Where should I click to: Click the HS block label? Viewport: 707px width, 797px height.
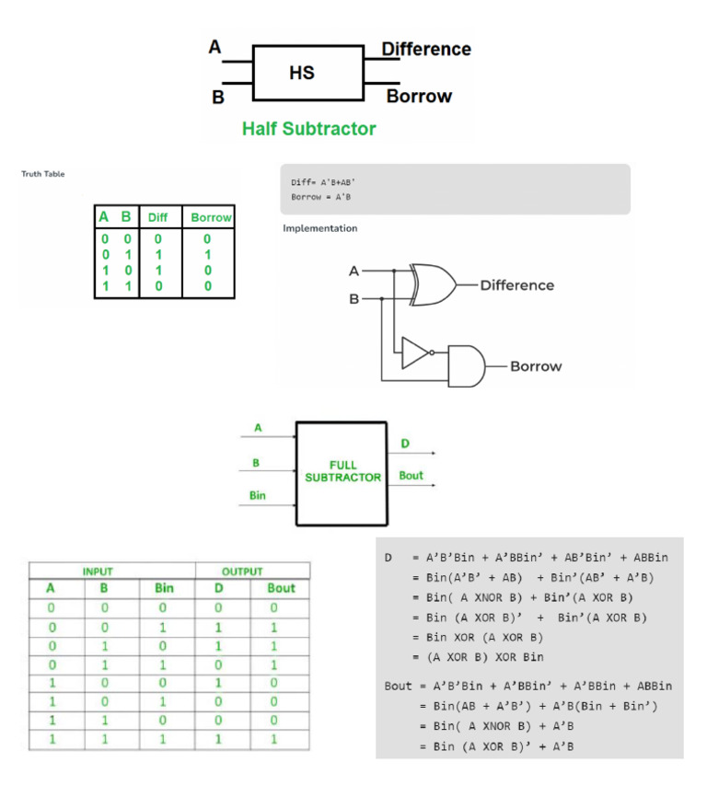[x=301, y=73]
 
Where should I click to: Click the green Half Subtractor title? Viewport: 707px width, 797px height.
[x=308, y=129]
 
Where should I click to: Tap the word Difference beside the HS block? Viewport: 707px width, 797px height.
[x=426, y=49]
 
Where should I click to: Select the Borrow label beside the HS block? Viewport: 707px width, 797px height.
[x=419, y=96]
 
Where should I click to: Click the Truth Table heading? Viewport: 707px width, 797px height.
[x=43, y=174]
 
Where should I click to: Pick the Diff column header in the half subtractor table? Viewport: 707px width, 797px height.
[x=158, y=218]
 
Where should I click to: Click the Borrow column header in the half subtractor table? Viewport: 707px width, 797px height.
[x=211, y=218]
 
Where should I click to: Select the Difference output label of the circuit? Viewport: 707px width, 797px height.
[x=516, y=285]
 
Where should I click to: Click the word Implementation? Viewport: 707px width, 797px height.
[x=320, y=228]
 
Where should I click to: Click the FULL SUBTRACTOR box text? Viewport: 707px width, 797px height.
[x=342, y=471]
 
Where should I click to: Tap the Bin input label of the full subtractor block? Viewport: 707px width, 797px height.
[x=258, y=495]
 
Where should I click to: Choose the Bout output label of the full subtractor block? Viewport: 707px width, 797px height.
[x=411, y=476]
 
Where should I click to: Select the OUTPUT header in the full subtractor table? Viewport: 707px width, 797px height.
[x=242, y=572]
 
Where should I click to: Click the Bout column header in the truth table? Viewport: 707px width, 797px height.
[x=281, y=588]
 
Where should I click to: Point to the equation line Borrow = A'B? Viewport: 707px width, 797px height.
[x=321, y=197]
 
